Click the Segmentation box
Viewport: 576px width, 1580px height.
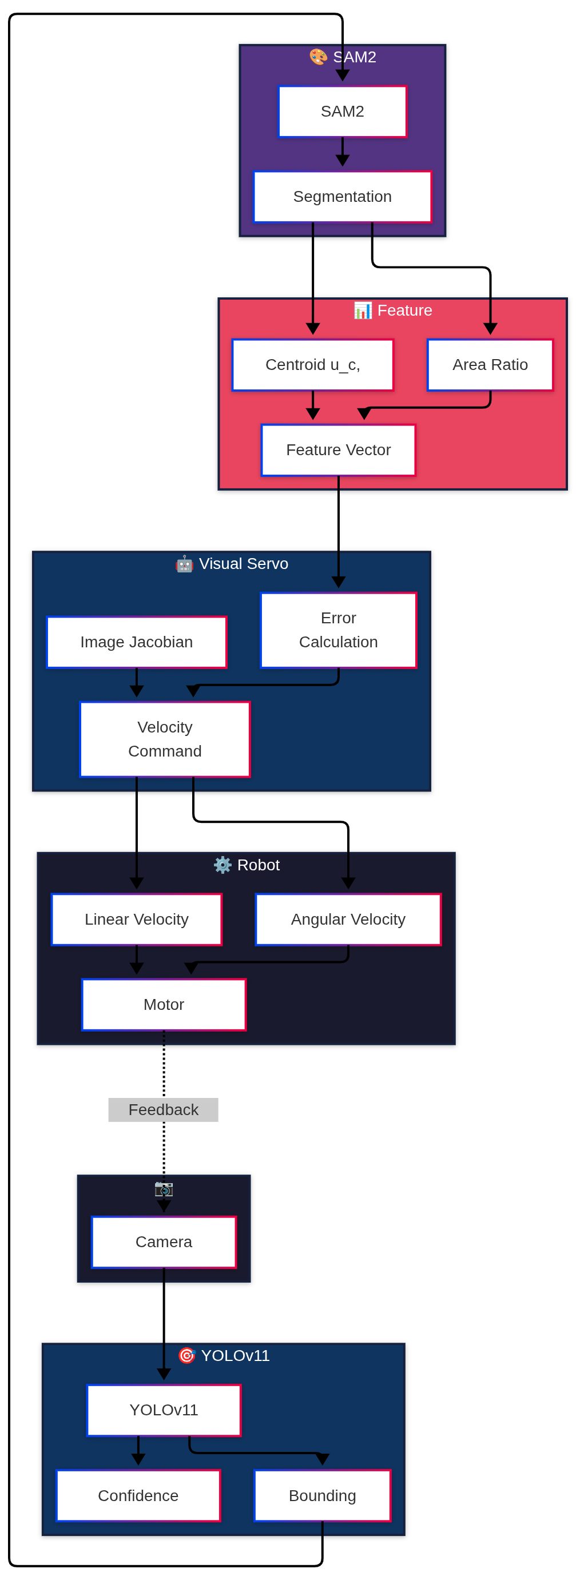click(x=342, y=196)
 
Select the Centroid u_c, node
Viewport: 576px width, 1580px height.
click(x=312, y=364)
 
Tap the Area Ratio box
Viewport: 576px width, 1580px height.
click(x=490, y=364)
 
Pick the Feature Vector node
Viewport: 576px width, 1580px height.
click(x=338, y=449)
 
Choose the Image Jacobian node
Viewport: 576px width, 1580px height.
click(x=136, y=642)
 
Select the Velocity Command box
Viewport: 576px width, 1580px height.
click(x=164, y=738)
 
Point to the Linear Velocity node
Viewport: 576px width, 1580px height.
click(x=136, y=919)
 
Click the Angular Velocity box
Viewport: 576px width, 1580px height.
click(x=348, y=919)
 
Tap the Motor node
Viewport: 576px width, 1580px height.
click(x=163, y=1004)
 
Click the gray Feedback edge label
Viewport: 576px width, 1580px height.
click(x=163, y=1109)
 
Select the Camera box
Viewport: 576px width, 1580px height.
click(x=163, y=1241)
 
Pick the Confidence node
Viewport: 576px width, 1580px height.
click(x=138, y=1495)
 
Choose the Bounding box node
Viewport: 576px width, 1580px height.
click(x=322, y=1495)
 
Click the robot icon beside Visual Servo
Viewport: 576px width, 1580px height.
click(x=184, y=564)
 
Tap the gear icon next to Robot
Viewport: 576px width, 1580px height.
click(x=222, y=865)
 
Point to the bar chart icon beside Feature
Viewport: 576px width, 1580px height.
click(x=363, y=311)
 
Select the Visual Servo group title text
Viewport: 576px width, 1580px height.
click(x=244, y=564)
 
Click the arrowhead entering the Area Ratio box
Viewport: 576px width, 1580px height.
click(x=490, y=329)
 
